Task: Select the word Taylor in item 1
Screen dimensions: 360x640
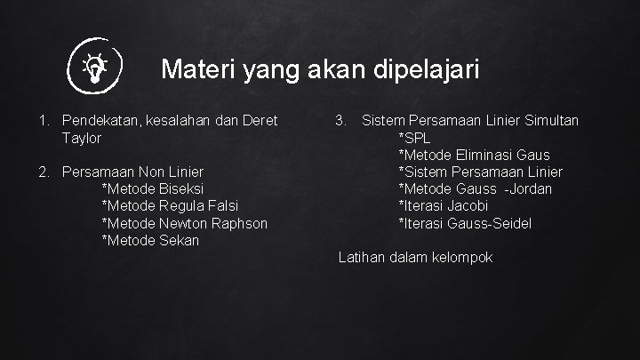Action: click(x=83, y=138)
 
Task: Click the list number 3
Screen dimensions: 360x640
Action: click(x=340, y=120)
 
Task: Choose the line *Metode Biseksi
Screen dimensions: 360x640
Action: click(x=153, y=188)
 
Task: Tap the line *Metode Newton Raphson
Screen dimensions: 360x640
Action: click(x=185, y=223)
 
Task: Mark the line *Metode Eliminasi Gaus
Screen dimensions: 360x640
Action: click(x=474, y=155)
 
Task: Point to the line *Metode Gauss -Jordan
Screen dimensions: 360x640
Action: click(x=475, y=188)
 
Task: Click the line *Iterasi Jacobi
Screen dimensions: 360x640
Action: click(x=443, y=205)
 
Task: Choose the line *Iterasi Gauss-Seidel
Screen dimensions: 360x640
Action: click(x=465, y=223)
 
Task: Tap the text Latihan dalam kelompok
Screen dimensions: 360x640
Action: click(x=415, y=258)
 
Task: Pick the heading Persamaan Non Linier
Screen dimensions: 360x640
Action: click(x=133, y=172)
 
